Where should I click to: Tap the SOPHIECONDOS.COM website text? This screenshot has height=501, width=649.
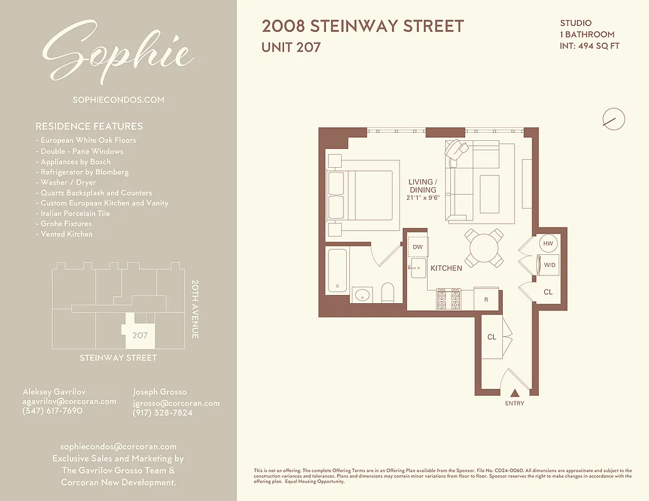tap(119, 100)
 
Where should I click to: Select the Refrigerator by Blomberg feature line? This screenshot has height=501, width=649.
tap(84, 172)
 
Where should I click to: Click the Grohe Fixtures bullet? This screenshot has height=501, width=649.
tap(66, 224)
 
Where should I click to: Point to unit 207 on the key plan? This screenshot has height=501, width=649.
tap(140, 335)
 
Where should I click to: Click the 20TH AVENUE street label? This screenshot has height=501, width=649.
tap(194, 309)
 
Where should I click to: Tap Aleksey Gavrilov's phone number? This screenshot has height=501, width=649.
tap(52, 411)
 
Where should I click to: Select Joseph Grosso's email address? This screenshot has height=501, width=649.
tap(176, 403)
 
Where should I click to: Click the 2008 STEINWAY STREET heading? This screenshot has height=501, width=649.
tap(362, 26)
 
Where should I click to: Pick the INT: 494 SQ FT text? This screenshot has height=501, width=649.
tap(589, 46)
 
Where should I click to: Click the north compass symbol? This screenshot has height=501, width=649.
tap(613, 118)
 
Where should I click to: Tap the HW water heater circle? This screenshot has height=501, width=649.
tap(548, 244)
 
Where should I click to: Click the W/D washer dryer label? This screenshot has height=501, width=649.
tap(549, 265)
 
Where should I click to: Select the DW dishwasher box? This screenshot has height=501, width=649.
tap(418, 247)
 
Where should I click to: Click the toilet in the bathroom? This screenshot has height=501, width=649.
tap(388, 293)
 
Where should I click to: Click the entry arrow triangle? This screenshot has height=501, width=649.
tap(514, 393)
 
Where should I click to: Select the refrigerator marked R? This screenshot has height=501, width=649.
tap(486, 299)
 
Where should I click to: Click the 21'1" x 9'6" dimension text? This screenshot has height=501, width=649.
tap(423, 198)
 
